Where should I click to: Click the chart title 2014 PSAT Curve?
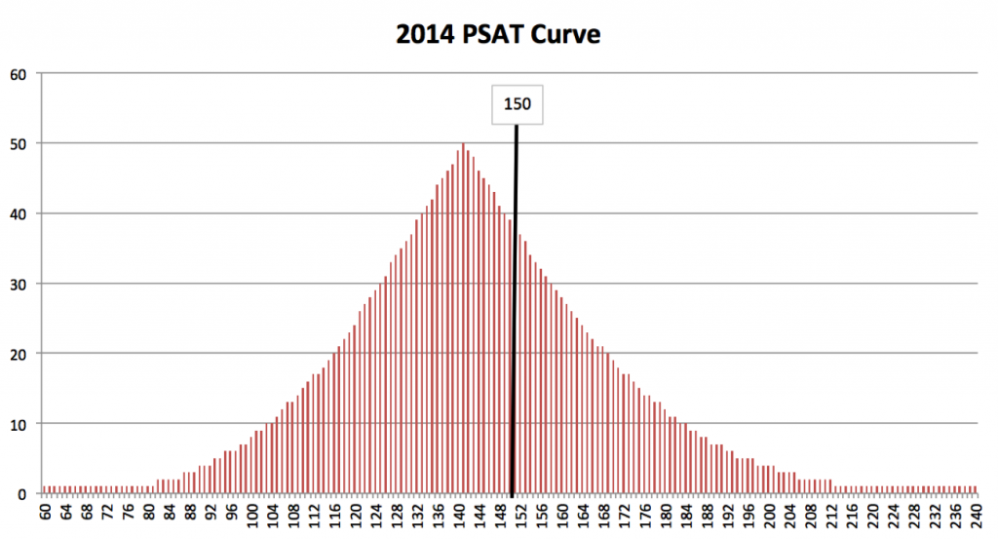click(498, 36)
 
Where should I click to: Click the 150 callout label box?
click(517, 103)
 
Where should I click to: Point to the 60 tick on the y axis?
click(19, 73)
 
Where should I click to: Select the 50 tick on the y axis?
click(19, 143)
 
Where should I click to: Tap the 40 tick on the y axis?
click(19, 213)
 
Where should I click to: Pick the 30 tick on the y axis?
click(19, 284)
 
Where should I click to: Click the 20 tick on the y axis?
click(19, 354)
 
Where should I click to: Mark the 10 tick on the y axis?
click(19, 424)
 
